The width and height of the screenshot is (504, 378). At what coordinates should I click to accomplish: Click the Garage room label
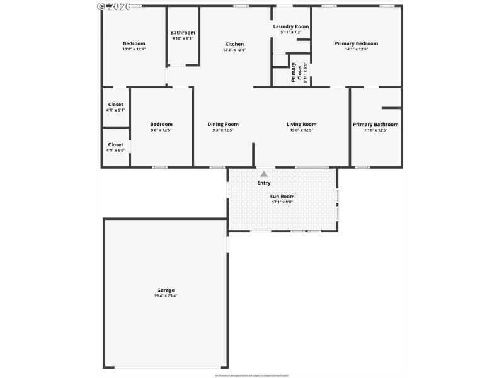click(166, 290)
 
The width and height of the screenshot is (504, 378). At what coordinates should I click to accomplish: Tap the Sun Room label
click(283, 197)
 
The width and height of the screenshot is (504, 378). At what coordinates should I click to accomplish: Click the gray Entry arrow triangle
click(264, 175)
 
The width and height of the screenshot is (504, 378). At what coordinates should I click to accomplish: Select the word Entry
click(264, 183)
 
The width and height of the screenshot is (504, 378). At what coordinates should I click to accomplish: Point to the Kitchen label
click(234, 44)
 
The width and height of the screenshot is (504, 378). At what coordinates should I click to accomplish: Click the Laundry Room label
click(291, 26)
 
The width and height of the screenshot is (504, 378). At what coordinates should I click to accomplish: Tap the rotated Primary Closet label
click(294, 72)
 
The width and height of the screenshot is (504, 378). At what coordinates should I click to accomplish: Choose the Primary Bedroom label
click(357, 43)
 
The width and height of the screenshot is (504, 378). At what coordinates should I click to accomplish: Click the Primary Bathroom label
click(375, 125)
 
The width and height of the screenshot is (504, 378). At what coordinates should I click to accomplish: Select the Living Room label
click(301, 125)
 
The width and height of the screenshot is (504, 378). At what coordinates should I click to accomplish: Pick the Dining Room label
click(223, 125)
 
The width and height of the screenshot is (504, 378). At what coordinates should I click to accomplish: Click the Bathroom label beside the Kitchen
click(183, 33)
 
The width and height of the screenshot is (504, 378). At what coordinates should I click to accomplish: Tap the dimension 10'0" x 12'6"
click(134, 49)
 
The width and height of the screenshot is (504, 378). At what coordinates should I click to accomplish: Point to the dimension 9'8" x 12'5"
click(161, 130)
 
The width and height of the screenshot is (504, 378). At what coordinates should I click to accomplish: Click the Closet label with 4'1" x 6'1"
click(116, 105)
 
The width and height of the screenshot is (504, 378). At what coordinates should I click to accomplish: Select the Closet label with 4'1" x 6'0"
click(116, 145)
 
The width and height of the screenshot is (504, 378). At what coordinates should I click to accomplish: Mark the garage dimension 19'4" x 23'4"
click(166, 296)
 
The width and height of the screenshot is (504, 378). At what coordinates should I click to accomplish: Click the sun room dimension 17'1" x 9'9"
click(283, 202)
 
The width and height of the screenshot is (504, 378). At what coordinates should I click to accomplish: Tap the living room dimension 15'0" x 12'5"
click(301, 130)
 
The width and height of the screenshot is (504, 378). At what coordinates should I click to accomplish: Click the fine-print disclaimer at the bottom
click(252, 375)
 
